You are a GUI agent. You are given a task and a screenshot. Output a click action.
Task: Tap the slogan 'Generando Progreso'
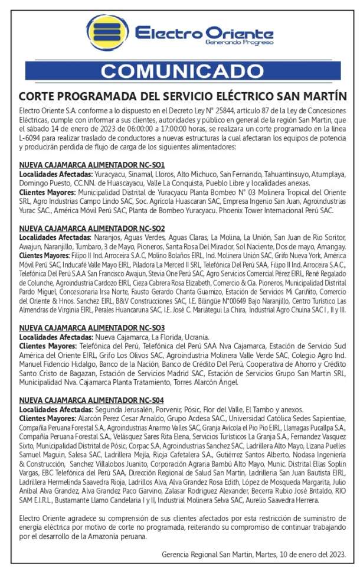tap(239, 43)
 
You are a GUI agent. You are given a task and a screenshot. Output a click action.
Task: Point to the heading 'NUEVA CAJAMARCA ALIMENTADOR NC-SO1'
tap(91, 164)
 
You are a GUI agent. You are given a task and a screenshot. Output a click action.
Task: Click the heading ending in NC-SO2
tap(91, 228)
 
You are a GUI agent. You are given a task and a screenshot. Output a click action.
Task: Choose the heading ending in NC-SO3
tap(91, 328)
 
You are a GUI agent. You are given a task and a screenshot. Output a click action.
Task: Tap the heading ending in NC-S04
tap(91, 400)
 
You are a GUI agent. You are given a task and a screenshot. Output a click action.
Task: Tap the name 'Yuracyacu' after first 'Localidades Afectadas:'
tap(112, 174)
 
